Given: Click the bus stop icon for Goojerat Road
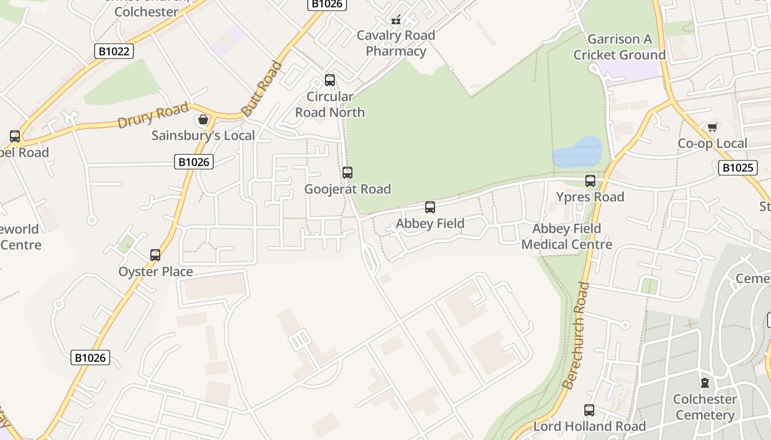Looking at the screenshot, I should click(347, 172).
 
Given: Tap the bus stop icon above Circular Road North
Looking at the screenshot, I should click(329, 80).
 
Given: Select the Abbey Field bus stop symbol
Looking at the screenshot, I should click(430, 207).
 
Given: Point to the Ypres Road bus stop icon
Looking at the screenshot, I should click(590, 180).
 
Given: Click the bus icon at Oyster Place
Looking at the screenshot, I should click(155, 255).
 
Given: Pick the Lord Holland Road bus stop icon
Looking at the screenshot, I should click(589, 410).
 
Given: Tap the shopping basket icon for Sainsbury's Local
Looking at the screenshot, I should click(203, 119).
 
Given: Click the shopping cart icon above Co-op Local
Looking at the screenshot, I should click(712, 127).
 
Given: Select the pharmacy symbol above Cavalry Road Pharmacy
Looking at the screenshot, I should click(395, 19).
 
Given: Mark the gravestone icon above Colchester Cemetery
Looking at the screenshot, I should click(704, 382).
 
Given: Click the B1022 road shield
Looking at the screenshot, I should click(114, 51).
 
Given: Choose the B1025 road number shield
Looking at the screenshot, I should click(737, 168).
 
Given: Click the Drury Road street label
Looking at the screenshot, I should click(153, 115).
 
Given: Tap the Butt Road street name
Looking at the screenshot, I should click(262, 89).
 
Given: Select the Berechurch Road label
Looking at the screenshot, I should click(576, 335).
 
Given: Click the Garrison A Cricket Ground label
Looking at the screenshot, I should click(620, 47).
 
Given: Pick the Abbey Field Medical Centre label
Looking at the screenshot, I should click(567, 237).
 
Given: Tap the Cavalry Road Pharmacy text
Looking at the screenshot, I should click(396, 43).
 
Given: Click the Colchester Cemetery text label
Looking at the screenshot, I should click(705, 407).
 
